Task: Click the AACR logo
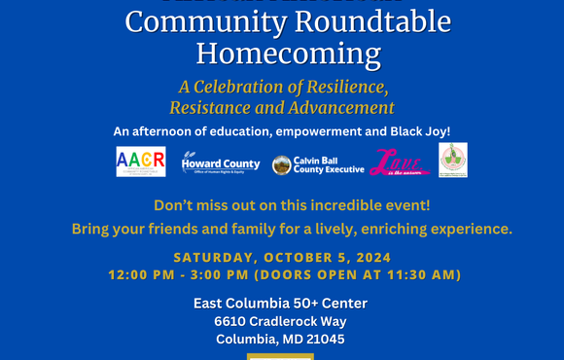(140, 162)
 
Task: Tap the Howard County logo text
(222, 162)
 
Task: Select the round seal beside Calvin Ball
(281, 165)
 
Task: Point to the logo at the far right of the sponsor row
(452, 161)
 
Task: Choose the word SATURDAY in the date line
(215, 258)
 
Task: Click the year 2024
(370, 258)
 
